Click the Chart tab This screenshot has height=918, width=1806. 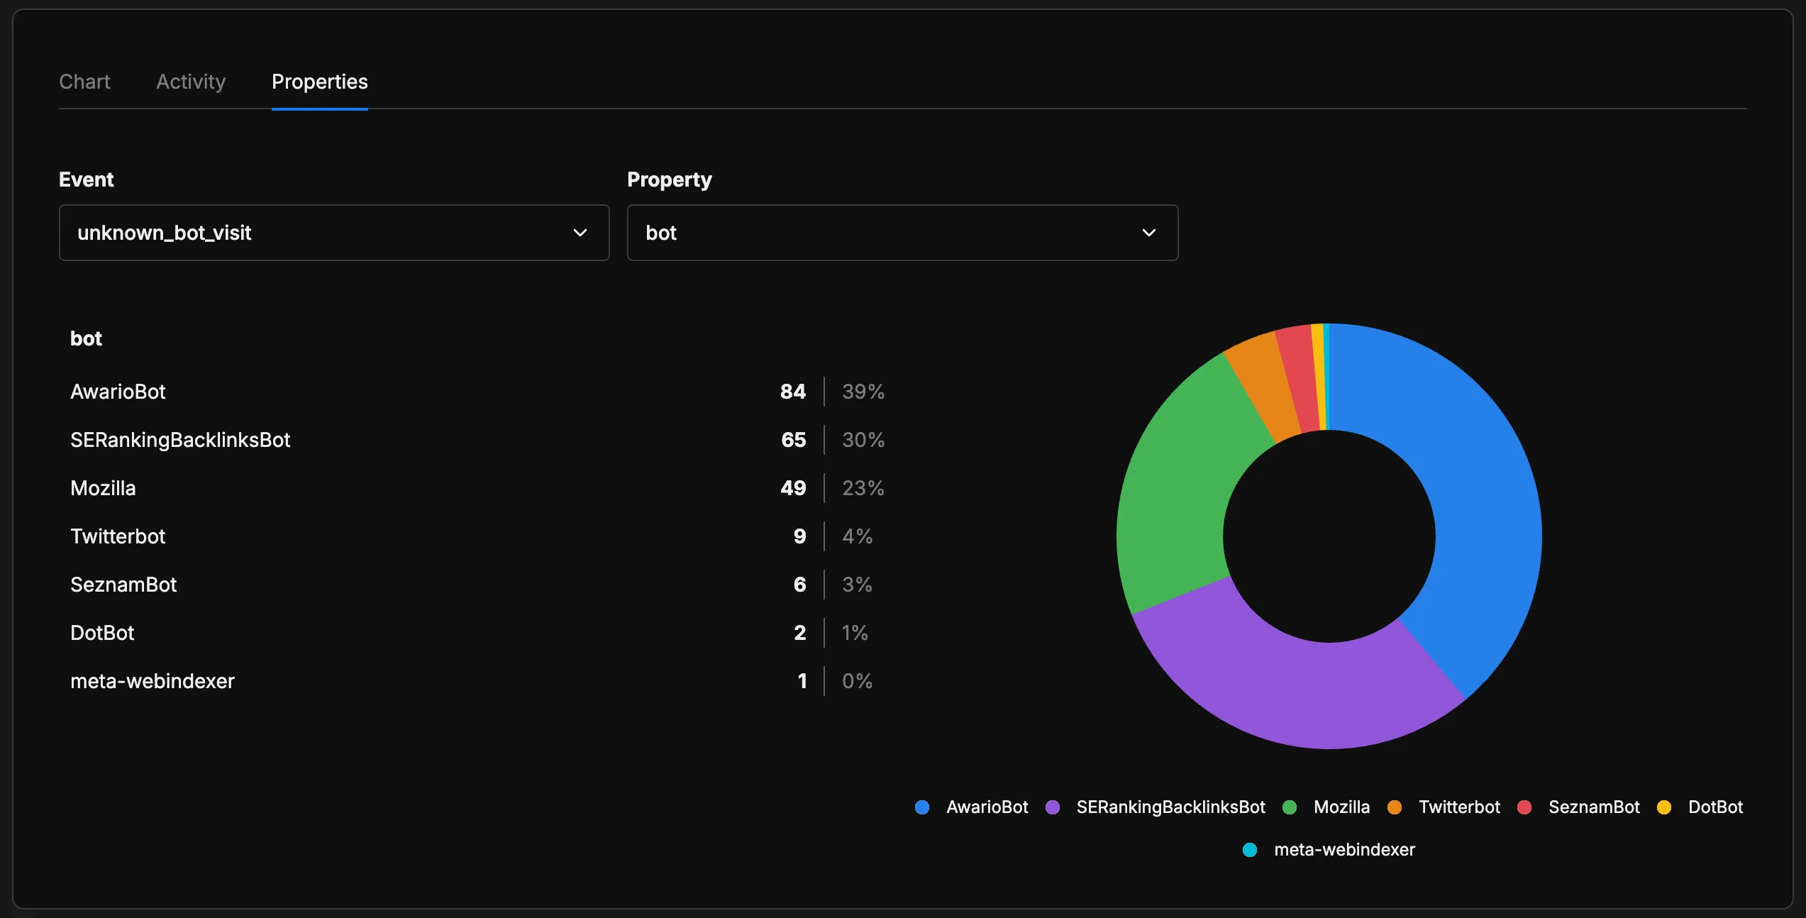pyautogui.click(x=84, y=82)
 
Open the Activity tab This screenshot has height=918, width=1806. pyautogui.click(x=191, y=82)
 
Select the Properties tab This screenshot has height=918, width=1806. pyautogui.click(x=319, y=82)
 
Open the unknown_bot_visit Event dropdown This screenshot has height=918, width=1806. pyautogui.click(x=333, y=233)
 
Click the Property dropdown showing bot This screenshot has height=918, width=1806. pyautogui.click(x=902, y=233)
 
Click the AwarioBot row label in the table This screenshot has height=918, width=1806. pyautogui.click(x=118, y=392)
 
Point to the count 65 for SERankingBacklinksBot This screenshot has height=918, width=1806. pyautogui.click(x=793, y=440)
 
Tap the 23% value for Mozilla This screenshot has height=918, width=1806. pyautogui.click(x=863, y=488)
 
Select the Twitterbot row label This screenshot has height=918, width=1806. pyautogui.click(x=118, y=536)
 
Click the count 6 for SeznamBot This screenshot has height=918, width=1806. pyautogui.click(x=799, y=585)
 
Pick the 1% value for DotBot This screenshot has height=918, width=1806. pyautogui.click(x=855, y=633)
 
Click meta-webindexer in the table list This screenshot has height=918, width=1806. pyautogui.click(x=153, y=681)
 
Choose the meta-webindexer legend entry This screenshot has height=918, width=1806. pyautogui.click(x=1330, y=850)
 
